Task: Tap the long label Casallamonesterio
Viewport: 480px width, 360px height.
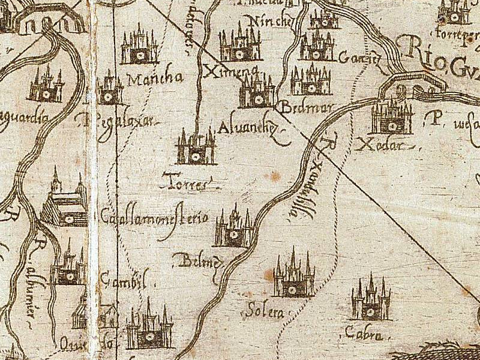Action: coord(154,218)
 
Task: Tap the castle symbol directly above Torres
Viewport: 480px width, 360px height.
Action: coord(196,148)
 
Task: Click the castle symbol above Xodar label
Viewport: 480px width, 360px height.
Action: coord(391,117)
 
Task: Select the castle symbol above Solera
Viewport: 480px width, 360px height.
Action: coord(293,277)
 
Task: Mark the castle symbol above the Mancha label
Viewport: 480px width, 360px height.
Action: coord(139,46)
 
